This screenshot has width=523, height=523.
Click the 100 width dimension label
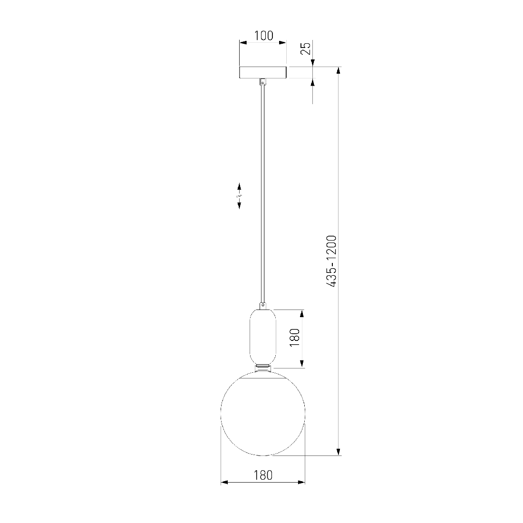pos(263,35)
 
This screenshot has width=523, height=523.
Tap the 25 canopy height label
pos(306,48)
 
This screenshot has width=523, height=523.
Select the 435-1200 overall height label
pos(331,261)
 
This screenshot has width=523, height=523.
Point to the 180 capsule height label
pos(294,337)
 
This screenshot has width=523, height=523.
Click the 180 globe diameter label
pos(263,475)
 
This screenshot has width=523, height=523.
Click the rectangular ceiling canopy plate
pos(263,72)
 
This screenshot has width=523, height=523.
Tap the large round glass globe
pos(263,413)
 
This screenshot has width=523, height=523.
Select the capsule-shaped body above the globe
pos(263,337)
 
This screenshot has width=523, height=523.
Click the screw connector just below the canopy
pos(263,82)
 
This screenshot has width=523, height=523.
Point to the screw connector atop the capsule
pos(263,305)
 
